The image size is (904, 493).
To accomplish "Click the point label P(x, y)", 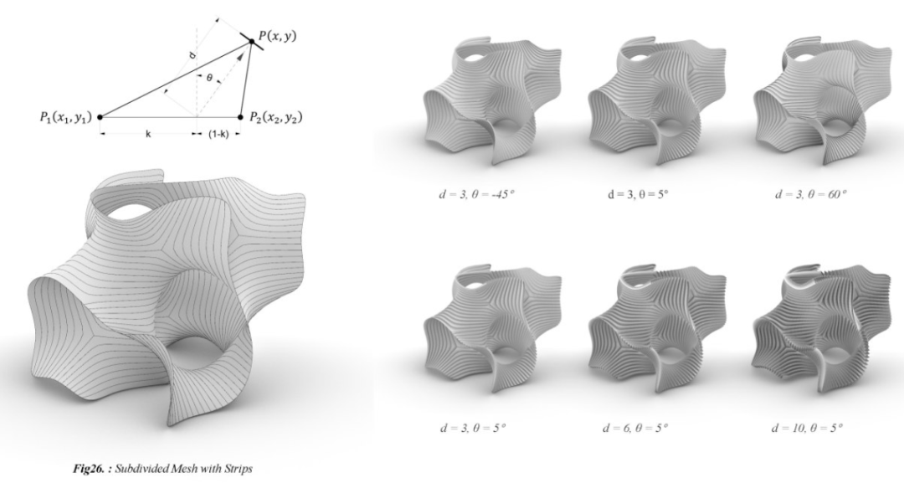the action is pos(277,36).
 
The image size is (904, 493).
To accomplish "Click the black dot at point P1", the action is pos(100,117).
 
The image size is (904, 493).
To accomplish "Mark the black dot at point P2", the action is pos(240,117).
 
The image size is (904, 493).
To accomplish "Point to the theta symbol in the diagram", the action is pos(209,78).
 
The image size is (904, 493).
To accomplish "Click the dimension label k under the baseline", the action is pos(149,134).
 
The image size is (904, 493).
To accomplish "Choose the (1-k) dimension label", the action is pos(218,134).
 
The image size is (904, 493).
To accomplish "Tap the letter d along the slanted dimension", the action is pos(193,55).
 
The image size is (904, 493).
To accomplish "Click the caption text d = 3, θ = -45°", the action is pos(476,193).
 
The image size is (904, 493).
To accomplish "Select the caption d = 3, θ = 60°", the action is pos(810,193).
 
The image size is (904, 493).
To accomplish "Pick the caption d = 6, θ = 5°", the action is pos(635,428).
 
